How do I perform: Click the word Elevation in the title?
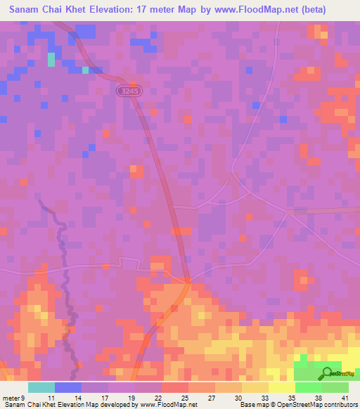[x=107, y=11]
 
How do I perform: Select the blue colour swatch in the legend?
[x=68, y=387]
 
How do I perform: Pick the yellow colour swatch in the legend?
[x=281, y=387]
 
